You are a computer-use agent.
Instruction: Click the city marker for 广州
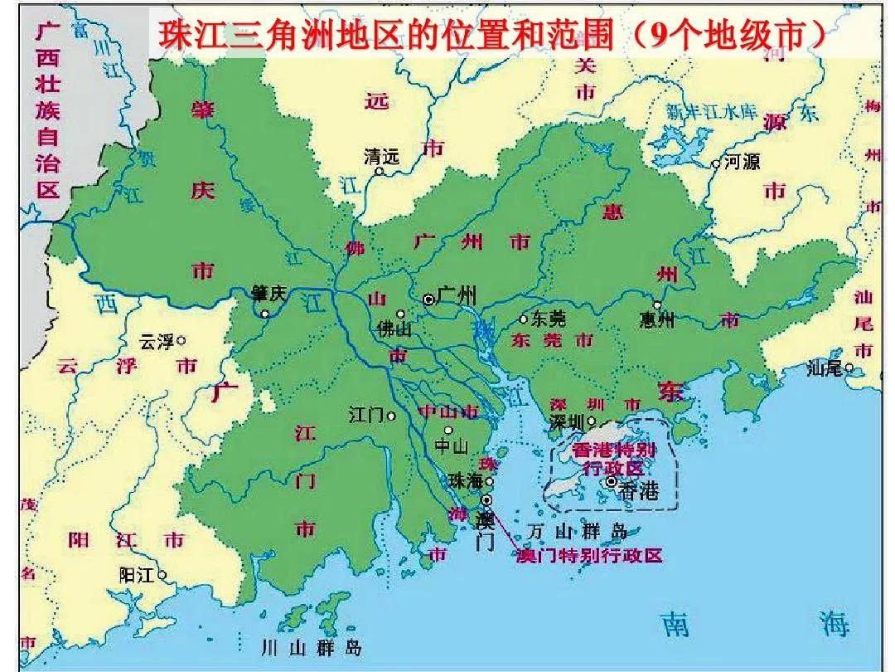point(428,299)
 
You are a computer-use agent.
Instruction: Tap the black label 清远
point(381,156)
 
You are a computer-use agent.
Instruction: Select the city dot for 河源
point(717,164)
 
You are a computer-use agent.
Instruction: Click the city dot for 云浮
point(181,339)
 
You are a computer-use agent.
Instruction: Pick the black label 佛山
point(394,329)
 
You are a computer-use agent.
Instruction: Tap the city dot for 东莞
point(523,319)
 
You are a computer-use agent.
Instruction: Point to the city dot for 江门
point(392,416)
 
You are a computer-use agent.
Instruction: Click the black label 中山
point(452,446)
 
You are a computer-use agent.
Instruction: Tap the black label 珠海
point(465,480)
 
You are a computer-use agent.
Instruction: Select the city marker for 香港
point(612,481)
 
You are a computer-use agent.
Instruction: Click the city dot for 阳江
point(162,574)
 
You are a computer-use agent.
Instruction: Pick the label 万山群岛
point(578,531)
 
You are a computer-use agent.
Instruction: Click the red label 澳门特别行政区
point(588,555)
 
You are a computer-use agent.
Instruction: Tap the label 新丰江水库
point(713,110)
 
